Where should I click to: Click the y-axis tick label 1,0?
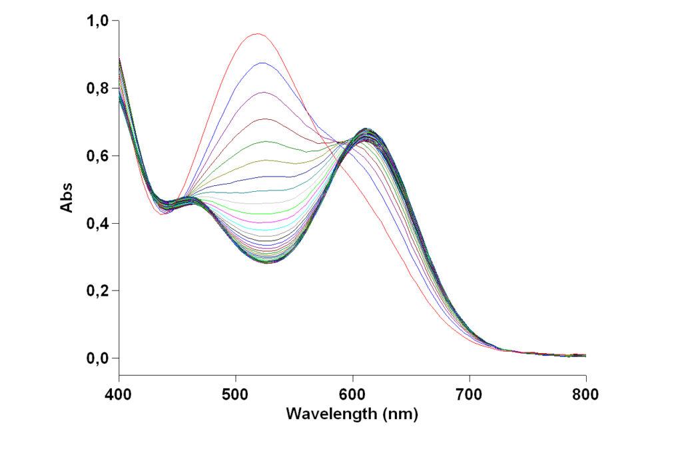[98, 21]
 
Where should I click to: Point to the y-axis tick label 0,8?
[98, 88]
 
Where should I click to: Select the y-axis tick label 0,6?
[98, 155]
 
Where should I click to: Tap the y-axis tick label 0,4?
[98, 223]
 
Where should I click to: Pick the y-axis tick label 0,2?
[98, 290]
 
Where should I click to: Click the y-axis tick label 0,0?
[98, 358]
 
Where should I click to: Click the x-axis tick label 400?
[119, 394]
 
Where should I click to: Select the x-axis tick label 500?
[235, 394]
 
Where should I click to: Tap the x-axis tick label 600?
[352, 394]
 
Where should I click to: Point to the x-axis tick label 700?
[469, 394]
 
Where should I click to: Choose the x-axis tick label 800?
[585, 394]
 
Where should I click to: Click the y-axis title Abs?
[67, 197]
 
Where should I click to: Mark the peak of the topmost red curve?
[257, 33]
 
